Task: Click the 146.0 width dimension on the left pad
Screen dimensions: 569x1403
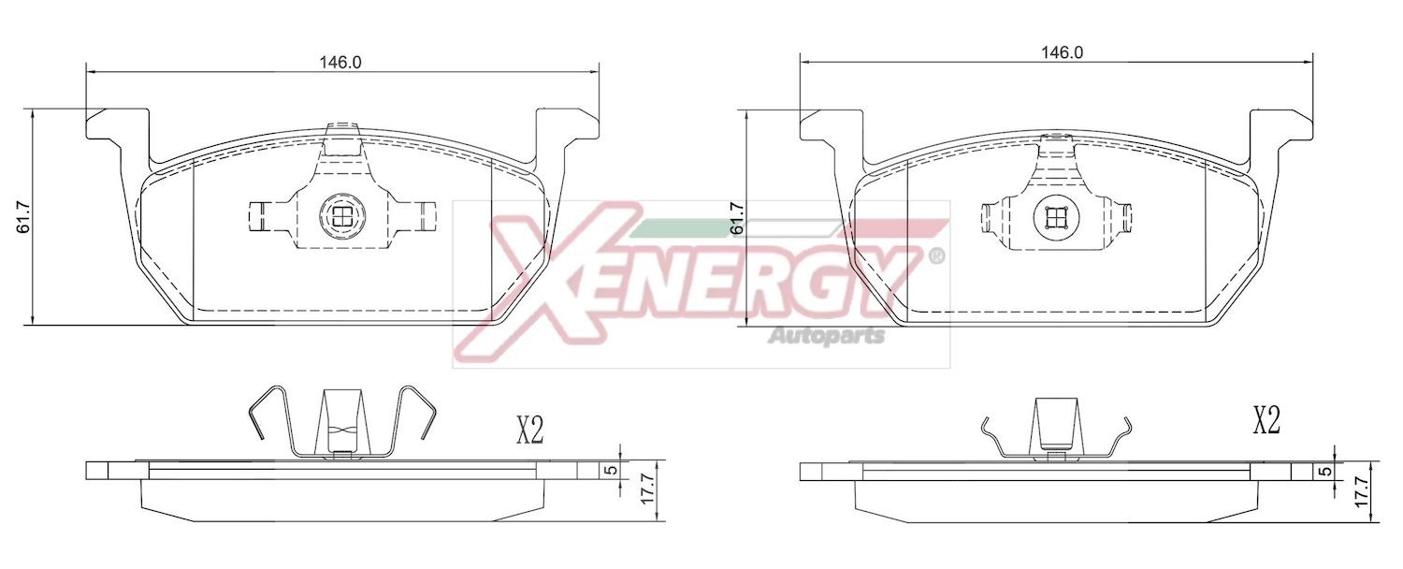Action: coord(340,63)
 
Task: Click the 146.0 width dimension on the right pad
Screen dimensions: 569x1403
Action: coord(1062,53)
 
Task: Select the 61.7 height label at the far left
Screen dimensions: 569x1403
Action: coord(25,217)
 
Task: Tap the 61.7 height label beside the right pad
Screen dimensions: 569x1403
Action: coord(737,217)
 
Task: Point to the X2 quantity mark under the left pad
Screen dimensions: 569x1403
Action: coord(530,430)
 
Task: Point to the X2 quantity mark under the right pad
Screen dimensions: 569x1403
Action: coord(1266,422)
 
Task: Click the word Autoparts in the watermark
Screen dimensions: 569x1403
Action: coord(826,335)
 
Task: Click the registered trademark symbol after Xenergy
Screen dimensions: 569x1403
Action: coord(934,255)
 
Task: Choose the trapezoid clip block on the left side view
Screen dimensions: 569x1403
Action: coord(340,421)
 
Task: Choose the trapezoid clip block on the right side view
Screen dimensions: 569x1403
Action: coord(1055,423)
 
